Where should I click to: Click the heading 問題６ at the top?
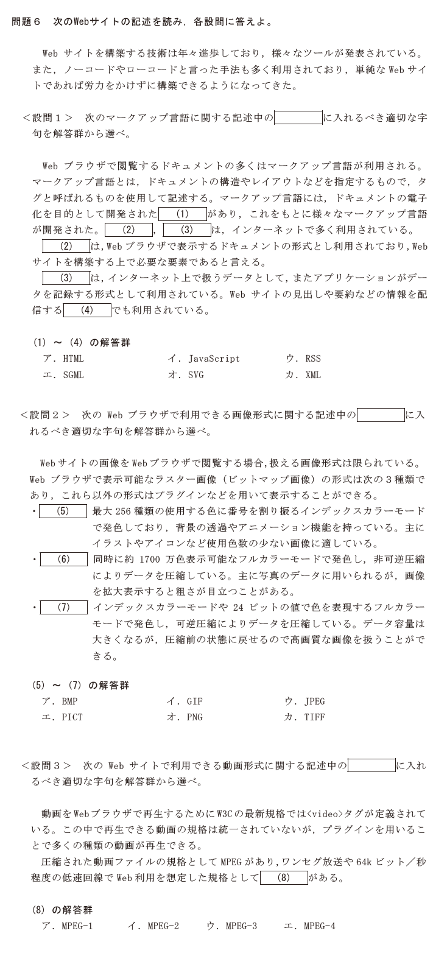tap(26, 21)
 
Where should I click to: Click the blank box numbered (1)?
tap(183, 214)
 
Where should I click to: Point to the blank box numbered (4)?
tap(87, 311)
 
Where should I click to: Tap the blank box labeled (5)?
tap(63, 511)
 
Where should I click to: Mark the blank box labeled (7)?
tap(64, 607)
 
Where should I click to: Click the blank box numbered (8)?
tap(284, 877)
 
